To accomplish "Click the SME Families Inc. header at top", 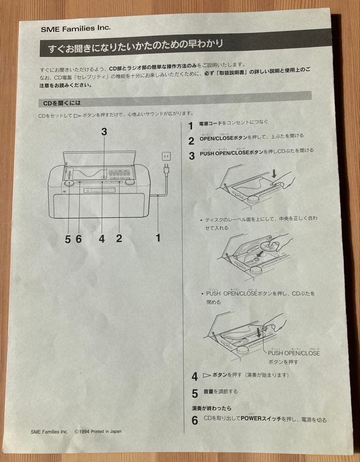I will pyautogui.click(x=76, y=28).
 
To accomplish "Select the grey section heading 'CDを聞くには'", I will pyautogui.click(x=62, y=103).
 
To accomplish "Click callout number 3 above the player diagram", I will pyautogui.click(x=104, y=132).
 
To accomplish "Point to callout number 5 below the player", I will pyautogui.click(x=68, y=239).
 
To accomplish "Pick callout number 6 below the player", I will pyautogui.click(x=79, y=239).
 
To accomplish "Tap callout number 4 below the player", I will pyautogui.click(x=102, y=239).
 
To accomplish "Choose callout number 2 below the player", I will pyautogui.click(x=119, y=239).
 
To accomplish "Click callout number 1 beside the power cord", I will pyautogui.click(x=158, y=238).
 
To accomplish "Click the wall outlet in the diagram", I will pyautogui.click(x=166, y=157).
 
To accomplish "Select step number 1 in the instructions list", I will pyautogui.click(x=191, y=126).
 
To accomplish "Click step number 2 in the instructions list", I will pyautogui.click(x=192, y=141).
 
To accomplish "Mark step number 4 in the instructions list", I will pyautogui.click(x=195, y=377).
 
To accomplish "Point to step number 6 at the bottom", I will pyautogui.click(x=195, y=421).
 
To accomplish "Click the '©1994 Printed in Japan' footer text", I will pyautogui.click(x=97, y=432).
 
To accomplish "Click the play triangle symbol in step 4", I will pyautogui.click(x=207, y=375).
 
